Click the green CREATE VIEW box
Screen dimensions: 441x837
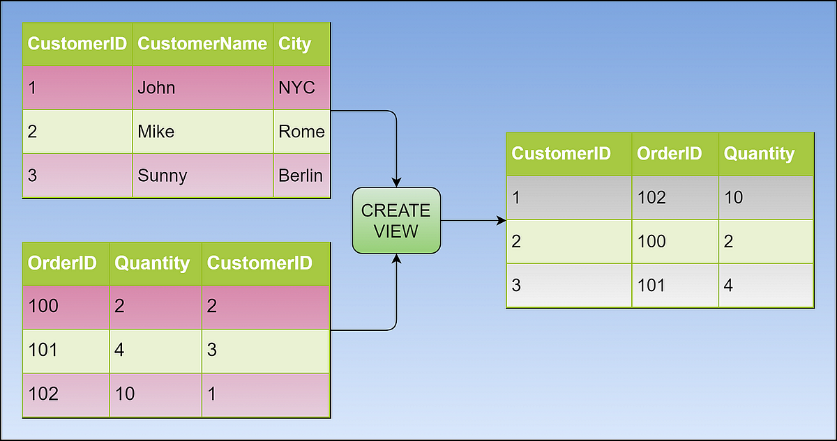[x=396, y=220]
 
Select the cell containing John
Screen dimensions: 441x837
[x=202, y=88]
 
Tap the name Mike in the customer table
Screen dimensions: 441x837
[x=202, y=132]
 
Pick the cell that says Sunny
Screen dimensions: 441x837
[x=202, y=175]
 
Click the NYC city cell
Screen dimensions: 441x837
[x=301, y=88]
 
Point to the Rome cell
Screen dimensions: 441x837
[x=301, y=132]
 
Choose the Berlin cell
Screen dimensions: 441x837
[x=301, y=175]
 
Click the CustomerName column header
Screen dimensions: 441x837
[x=202, y=44]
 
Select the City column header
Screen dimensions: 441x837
[x=301, y=44]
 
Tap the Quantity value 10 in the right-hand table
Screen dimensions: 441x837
[x=765, y=198]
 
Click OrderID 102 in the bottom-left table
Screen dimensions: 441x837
[x=66, y=394]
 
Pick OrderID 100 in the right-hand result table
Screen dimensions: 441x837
[x=674, y=242]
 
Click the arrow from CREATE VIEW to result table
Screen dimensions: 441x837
[x=474, y=221]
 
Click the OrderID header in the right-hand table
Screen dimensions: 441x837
[x=674, y=154]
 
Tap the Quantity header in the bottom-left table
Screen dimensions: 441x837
[x=155, y=263]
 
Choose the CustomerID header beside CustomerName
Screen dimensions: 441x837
[x=77, y=44]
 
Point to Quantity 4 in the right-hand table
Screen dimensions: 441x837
[x=765, y=285]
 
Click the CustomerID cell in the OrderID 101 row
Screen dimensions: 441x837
[x=265, y=350]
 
